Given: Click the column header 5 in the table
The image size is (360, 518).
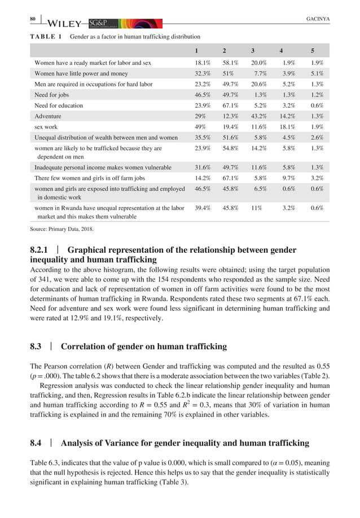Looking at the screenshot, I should tap(313, 50).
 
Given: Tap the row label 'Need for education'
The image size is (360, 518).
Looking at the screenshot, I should tap(59, 105).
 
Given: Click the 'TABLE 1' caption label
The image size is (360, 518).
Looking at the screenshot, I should tap(45, 37).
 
